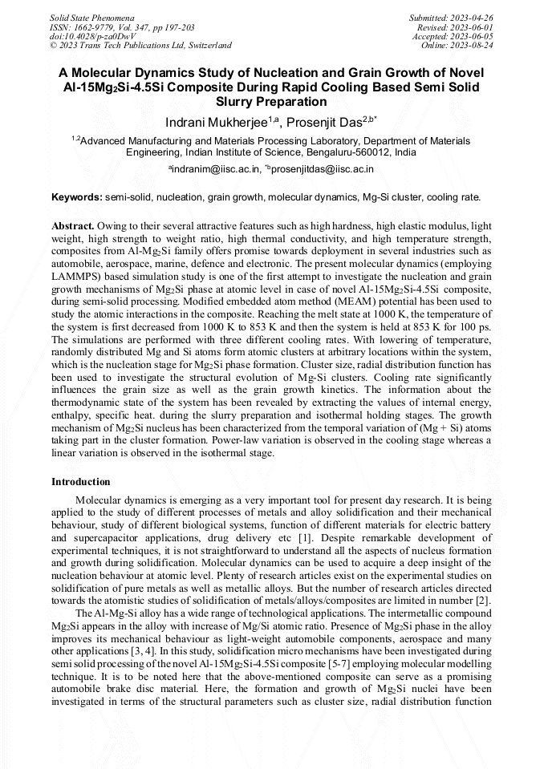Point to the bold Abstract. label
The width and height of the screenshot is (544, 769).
(x=73, y=227)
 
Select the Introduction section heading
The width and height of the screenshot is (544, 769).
(x=81, y=482)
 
